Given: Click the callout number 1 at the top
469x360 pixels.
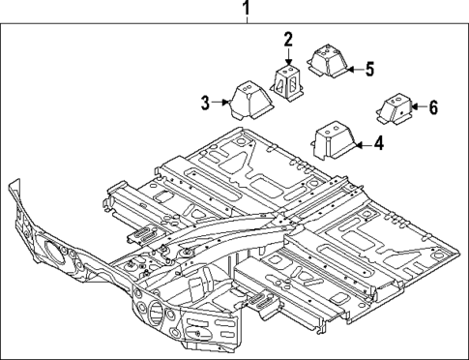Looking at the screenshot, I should point(247,12).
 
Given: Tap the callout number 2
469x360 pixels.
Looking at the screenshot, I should point(288,40).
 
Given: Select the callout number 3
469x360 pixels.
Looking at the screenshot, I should point(205,102).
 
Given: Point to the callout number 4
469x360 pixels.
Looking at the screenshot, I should point(378,144).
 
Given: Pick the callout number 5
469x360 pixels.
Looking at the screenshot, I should point(368,69).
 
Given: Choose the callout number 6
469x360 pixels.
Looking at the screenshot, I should point(432,107).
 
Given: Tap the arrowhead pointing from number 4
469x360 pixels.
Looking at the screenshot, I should point(355,144).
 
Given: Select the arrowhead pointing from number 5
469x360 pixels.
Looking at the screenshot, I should point(347,69).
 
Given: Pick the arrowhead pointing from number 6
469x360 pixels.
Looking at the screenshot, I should point(413,107).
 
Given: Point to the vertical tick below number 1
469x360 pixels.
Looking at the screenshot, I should point(247,26).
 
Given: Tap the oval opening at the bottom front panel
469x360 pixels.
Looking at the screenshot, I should point(156,315).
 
